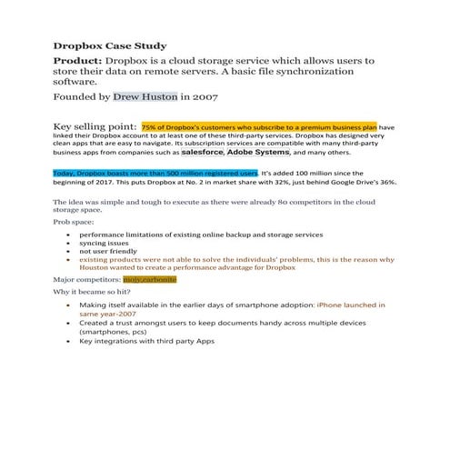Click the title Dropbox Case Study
click(109, 44)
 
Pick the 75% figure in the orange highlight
click(149, 127)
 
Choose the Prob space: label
click(72, 221)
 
